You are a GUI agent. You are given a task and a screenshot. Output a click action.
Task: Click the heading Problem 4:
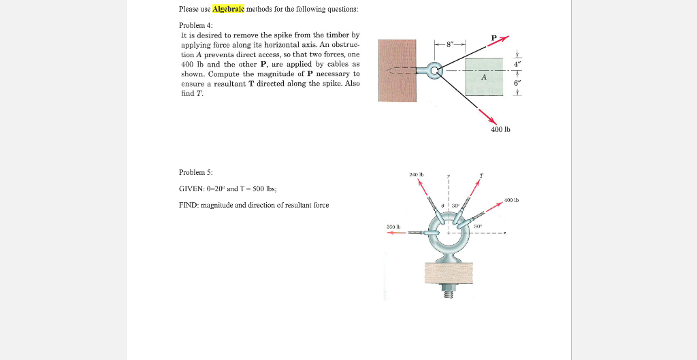tap(195, 25)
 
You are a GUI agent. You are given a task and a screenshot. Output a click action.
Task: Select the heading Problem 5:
tap(195, 172)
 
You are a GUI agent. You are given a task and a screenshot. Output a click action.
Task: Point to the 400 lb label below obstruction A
tap(500, 129)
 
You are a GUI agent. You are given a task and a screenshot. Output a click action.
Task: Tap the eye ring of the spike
tap(434, 69)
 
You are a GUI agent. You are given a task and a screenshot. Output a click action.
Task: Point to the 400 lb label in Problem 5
tap(513, 199)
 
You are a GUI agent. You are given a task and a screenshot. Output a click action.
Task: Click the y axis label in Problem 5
tap(449, 176)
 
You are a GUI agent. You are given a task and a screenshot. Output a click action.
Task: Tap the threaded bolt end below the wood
tap(448, 291)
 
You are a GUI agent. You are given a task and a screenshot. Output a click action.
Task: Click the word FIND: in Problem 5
tap(189, 205)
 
